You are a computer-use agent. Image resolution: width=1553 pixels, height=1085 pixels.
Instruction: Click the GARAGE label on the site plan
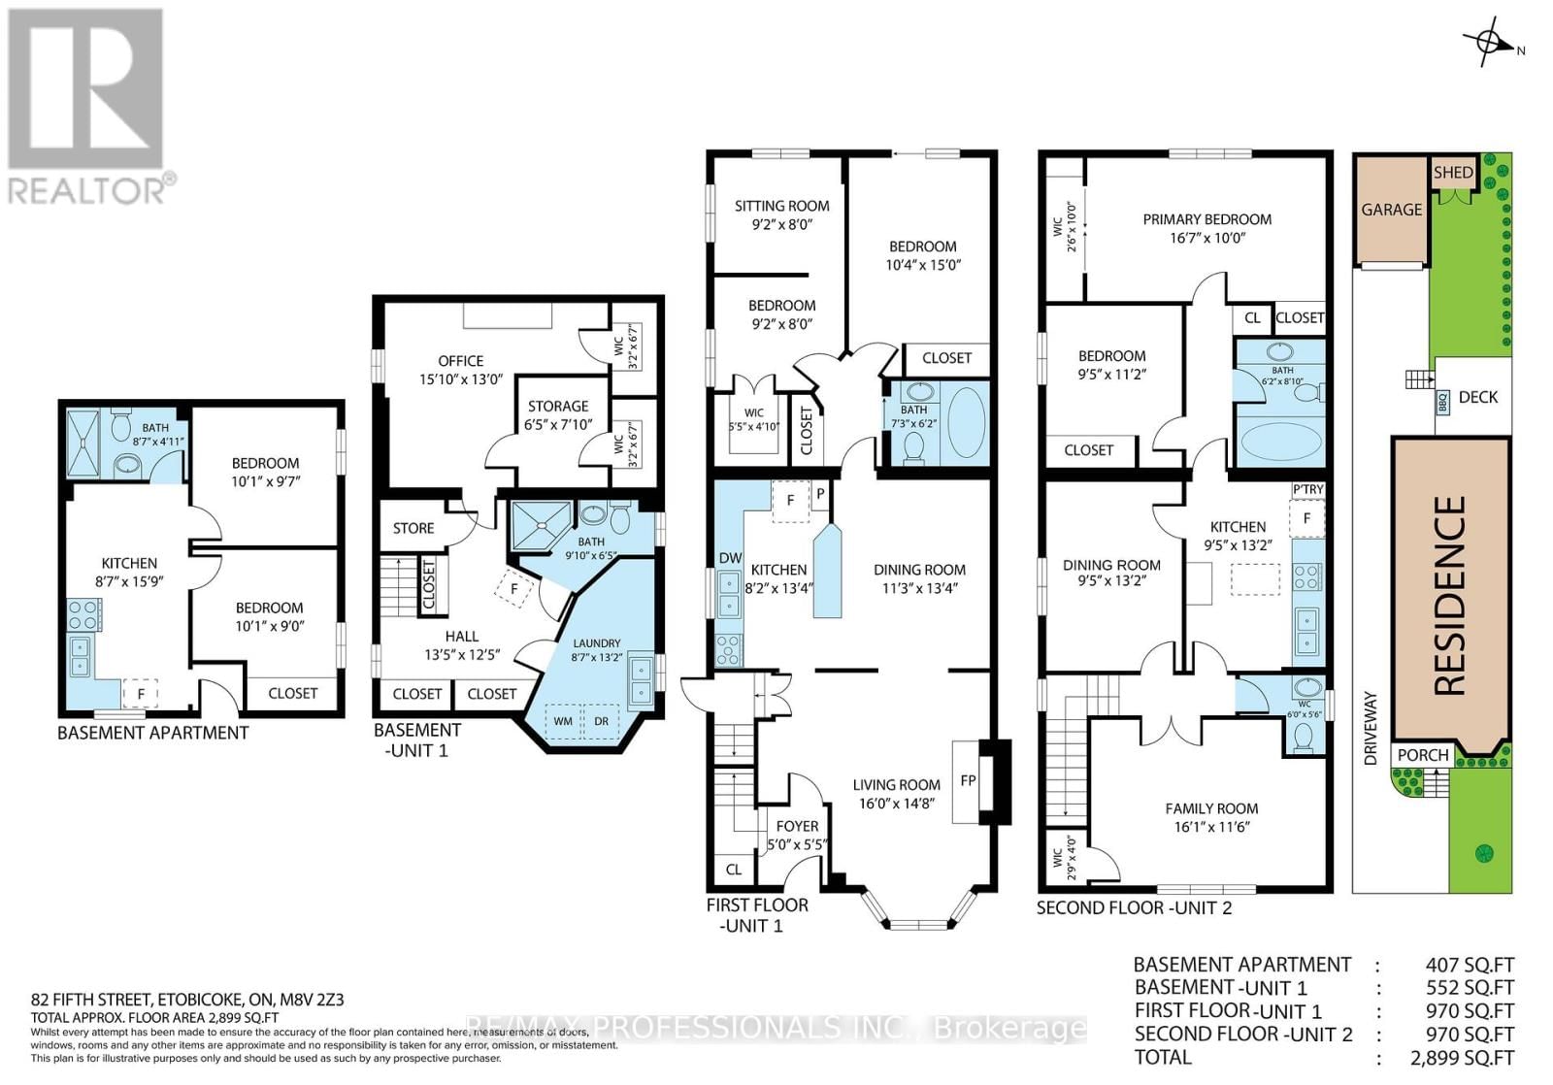(1391, 210)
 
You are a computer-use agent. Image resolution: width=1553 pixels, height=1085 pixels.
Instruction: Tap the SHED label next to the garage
(1453, 173)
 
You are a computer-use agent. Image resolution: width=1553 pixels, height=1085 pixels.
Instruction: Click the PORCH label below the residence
(1422, 755)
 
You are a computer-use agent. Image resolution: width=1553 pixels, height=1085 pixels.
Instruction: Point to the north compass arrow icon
(1489, 44)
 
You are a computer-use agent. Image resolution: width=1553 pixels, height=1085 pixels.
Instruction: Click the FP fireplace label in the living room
(968, 780)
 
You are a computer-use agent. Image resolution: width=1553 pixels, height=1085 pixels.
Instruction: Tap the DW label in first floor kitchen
(730, 558)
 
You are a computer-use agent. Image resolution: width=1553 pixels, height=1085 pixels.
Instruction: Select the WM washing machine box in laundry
(563, 721)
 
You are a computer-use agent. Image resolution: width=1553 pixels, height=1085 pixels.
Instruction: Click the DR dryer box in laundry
(601, 721)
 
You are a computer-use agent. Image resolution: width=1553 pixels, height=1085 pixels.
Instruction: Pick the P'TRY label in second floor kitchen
(1307, 490)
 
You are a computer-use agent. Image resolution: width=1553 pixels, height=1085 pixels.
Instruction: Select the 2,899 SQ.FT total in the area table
(1462, 1058)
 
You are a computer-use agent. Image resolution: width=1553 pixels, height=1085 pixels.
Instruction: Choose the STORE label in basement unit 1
(413, 528)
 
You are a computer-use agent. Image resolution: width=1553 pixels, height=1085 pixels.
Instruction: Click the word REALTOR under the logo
(87, 190)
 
